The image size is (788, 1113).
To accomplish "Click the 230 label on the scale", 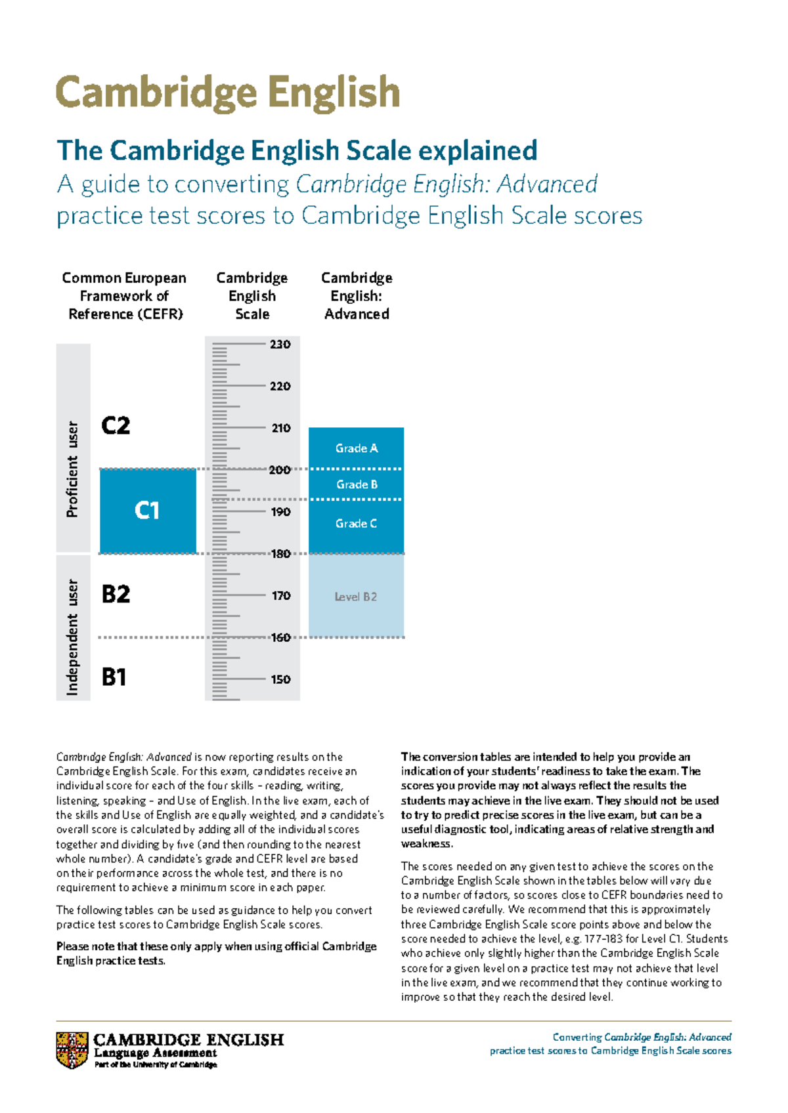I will tap(280, 345).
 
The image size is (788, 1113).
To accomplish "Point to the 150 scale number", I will tap(280, 680).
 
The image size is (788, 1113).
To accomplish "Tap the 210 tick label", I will tap(280, 429).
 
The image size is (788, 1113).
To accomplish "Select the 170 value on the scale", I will tap(280, 596).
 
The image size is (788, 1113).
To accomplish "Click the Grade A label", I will tap(356, 448).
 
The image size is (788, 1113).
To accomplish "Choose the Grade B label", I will tap(357, 484).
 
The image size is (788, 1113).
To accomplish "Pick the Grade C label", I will tap(356, 524).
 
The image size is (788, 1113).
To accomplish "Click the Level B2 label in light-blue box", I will tap(355, 597).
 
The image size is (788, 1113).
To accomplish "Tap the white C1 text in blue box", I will tap(147, 511).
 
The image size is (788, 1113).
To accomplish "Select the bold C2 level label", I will tap(116, 426).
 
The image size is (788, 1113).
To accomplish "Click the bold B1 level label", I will tap(114, 677).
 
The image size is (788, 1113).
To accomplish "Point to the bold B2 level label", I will tap(116, 595).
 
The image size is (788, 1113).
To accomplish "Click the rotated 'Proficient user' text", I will tap(72, 469).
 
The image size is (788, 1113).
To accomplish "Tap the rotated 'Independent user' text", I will tap(72, 637).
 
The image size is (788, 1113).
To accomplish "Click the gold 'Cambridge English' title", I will tap(228, 93).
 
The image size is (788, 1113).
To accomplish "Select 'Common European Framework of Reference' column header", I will tap(125, 296).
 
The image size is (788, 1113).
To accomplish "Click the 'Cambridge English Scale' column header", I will tap(252, 296).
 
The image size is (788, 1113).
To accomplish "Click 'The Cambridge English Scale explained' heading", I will tap(297, 150).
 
